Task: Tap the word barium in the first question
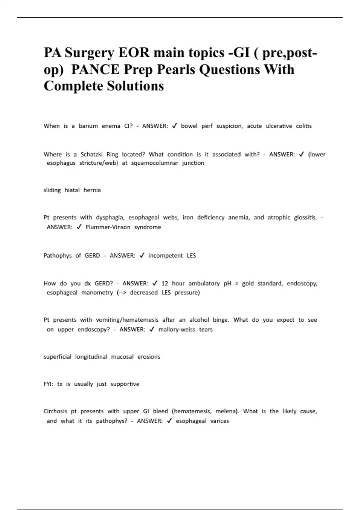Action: [x=88, y=126]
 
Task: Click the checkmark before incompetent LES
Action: [x=142, y=255]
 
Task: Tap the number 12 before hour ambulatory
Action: [x=164, y=283]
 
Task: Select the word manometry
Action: [x=97, y=292]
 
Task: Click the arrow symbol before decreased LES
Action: [x=121, y=292]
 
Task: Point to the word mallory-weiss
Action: [x=177, y=329]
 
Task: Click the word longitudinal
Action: [x=91, y=357]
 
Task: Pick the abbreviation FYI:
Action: [x=48, y=384]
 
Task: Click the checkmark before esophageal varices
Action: [x=169, y=421]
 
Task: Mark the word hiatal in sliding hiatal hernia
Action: [x=72, y=190]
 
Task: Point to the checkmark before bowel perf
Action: [x=175, y=126]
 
